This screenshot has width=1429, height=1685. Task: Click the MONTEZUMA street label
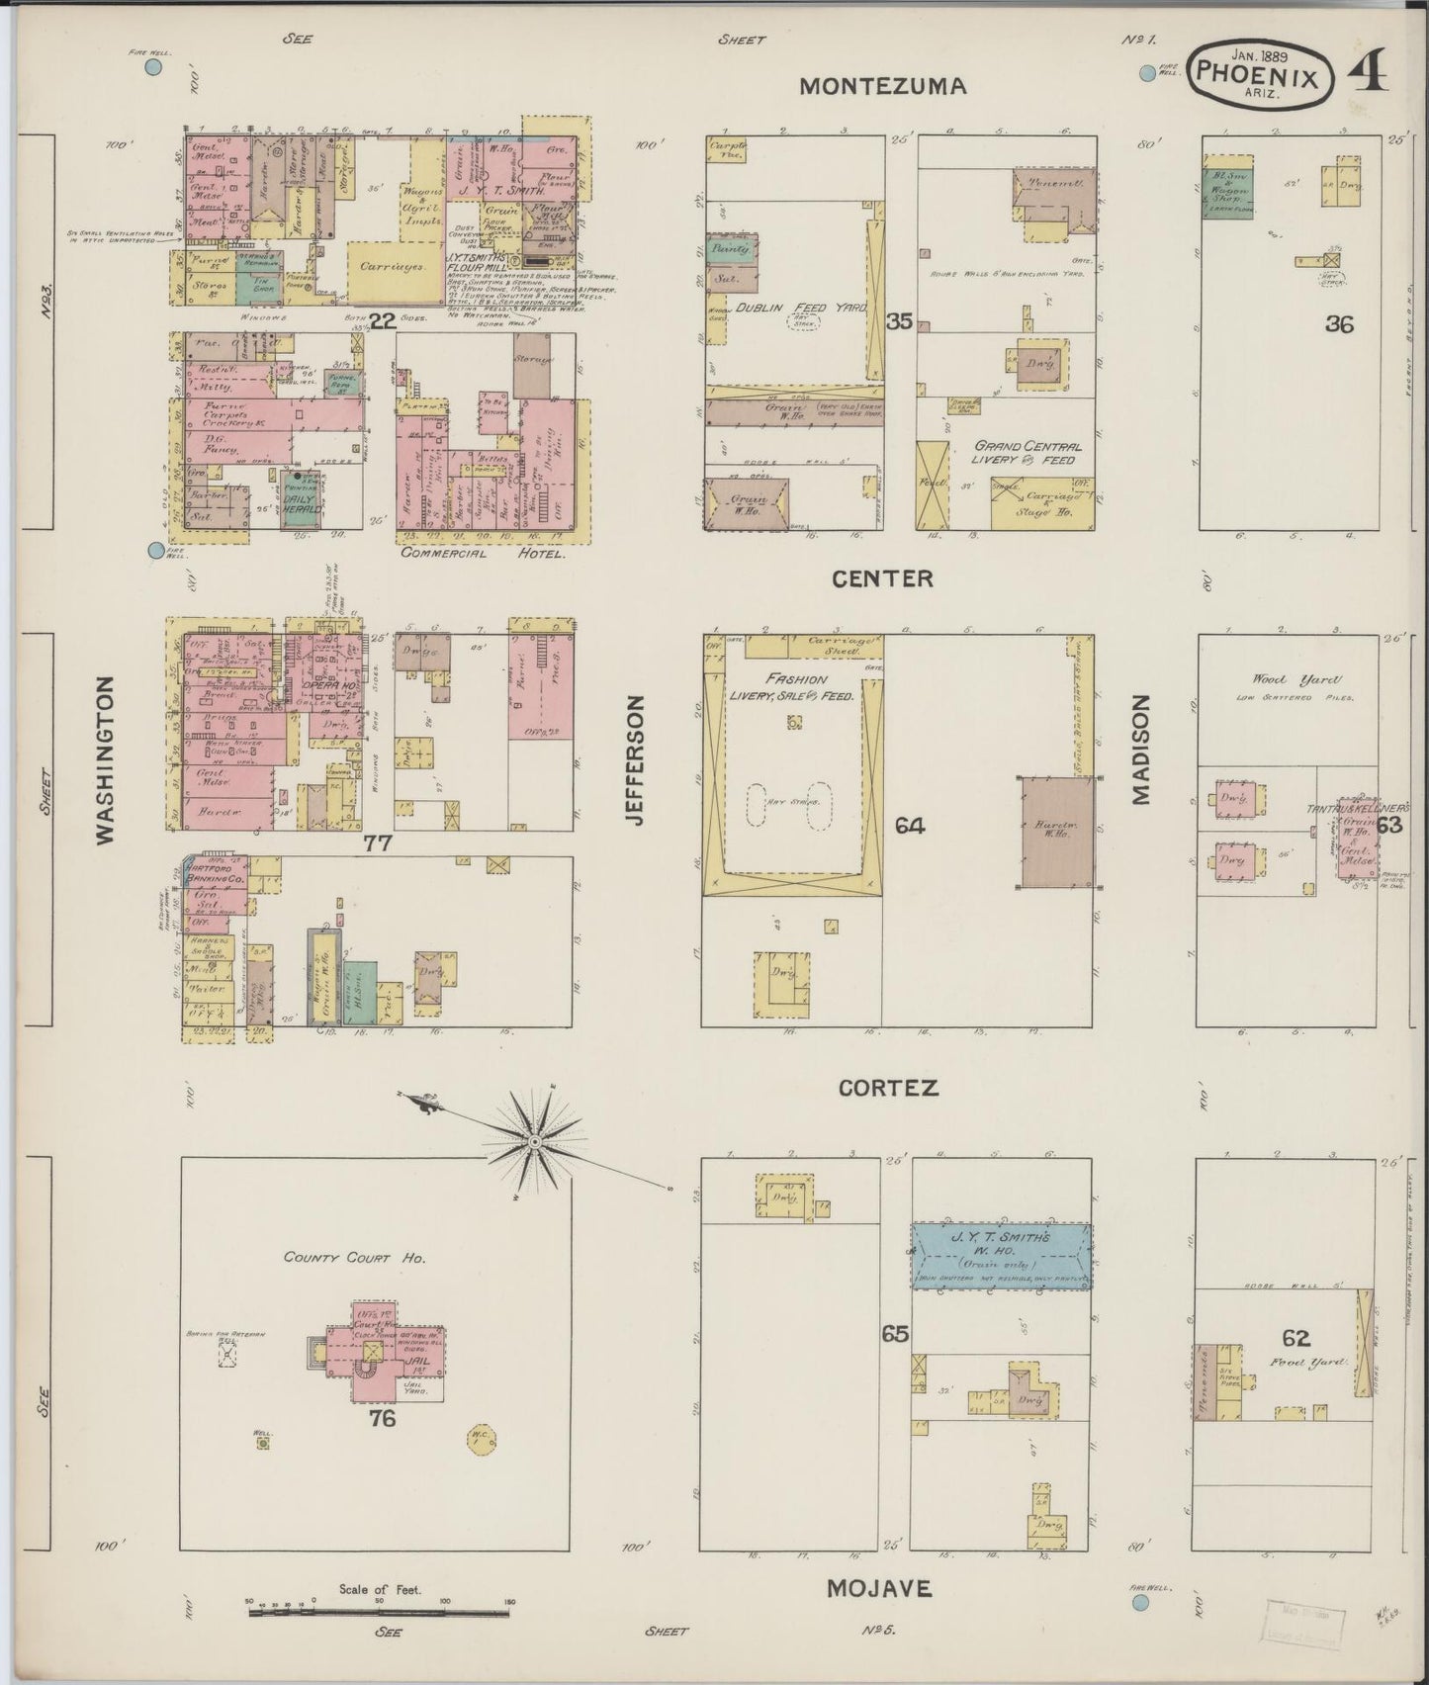click(x=882, y=86)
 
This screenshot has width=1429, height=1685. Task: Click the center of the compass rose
click(x=534, y=1142)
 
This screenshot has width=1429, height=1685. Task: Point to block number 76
click(x=382, y=1419)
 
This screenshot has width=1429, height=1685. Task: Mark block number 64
click(x=909, y=825)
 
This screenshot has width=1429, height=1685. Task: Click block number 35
click(x=899, y=321)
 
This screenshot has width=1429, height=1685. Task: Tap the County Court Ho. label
click(x=354, y=1259)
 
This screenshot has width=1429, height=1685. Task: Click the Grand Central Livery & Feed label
click(x=1026, y=452)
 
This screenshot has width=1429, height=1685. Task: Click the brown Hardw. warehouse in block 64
click(x=1056, y=830)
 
